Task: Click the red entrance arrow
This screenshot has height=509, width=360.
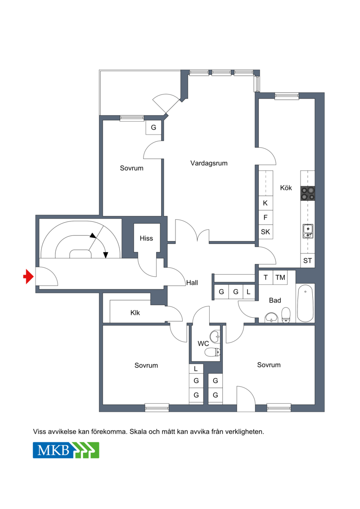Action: click(28, 277)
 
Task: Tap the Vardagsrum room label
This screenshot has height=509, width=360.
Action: click(209, 163)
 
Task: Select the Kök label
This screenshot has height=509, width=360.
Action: click(286, 188)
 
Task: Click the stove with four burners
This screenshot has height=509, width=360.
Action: click(307, 193)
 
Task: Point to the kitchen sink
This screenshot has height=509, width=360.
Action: click(308, 231)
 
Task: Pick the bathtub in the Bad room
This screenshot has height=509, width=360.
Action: click(305, 303)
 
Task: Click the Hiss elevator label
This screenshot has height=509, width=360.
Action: click(146, 238)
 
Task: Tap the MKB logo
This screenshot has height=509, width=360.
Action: click(66, 450)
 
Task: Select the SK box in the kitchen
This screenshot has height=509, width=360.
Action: click(265, 232)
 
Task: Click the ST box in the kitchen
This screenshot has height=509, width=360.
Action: click(307, 260)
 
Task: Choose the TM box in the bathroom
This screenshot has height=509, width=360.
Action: click(280, 278)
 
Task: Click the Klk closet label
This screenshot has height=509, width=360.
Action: click(135, 313)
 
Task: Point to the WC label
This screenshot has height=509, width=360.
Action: click(203, 343)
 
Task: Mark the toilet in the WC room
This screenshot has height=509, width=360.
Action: click(213, 352)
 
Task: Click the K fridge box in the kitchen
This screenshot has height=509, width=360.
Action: click(265, 203)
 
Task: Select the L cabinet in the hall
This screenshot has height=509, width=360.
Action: click(249, 292)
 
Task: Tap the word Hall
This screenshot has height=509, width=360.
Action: click(192, 283)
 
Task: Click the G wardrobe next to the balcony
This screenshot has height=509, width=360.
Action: click(153, 127)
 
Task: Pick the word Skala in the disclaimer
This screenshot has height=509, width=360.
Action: click(138, 432)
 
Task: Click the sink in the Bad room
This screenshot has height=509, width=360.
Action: click(271, 317)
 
